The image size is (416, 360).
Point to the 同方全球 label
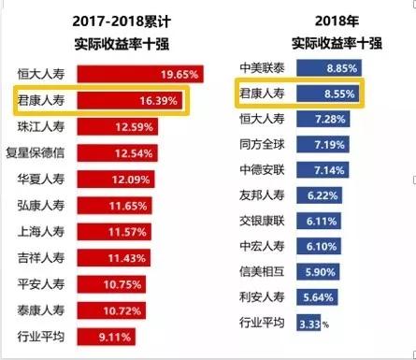(264, 145)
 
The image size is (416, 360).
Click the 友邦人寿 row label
(264, 195)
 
